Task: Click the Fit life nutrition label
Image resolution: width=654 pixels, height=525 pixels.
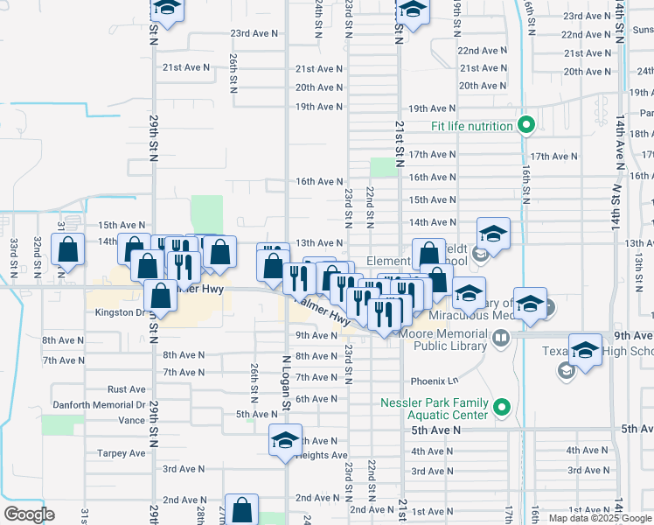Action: (x=471, y=126)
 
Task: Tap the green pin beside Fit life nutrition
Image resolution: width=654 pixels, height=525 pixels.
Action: (x=525, y=126)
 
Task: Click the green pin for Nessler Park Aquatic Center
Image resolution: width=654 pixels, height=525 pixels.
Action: (x=502, y=408)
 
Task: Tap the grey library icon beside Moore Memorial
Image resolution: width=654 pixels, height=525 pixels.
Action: (x=500, y=337)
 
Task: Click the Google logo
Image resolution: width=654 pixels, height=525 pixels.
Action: (x=28, y=514)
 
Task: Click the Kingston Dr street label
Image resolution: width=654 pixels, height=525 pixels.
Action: (x=118, y=312)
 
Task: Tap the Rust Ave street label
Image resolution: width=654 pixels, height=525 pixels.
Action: (x=126, y=388)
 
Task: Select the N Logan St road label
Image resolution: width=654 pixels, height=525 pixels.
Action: (x=286, y=383)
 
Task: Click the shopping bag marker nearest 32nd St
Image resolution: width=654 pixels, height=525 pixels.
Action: (x=68, y=250)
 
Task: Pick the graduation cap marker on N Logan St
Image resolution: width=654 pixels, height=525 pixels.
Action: (x=284, y=440)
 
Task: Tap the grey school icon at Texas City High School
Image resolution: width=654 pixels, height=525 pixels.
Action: (x=566, y=371)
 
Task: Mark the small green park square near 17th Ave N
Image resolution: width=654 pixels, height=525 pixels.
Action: (x=382, y=167)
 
